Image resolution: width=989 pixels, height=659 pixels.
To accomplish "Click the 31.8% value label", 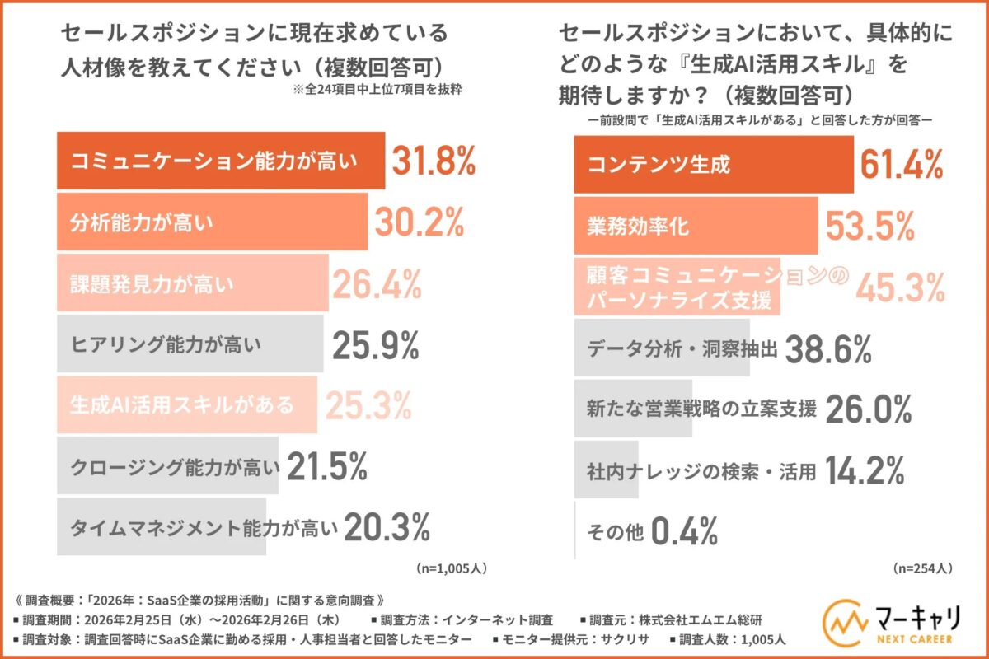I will (x=433, y=161).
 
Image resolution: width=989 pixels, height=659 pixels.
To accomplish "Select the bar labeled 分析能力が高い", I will (x=212, y=222).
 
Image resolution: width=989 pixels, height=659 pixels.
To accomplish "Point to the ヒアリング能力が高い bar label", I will (x=166, y=344).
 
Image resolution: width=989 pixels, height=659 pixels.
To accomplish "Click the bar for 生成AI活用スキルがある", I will (x=187, y=404).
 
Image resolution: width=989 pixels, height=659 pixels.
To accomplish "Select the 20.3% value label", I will (x=387, y=527).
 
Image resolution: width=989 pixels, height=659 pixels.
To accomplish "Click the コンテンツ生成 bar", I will (x=714, y=164).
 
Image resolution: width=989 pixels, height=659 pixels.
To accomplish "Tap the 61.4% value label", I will (x=901, y=164).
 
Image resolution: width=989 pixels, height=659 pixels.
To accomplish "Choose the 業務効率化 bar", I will (x=696, y=225).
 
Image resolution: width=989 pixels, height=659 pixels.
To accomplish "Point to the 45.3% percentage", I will (x=900, y=287).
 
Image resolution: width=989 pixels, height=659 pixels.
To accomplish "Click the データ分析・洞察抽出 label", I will (x=682, y=348).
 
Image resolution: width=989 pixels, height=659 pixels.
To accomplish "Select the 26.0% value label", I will (x=868, y=409).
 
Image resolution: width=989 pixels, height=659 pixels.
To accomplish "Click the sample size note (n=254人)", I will (x=922, y=568).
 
